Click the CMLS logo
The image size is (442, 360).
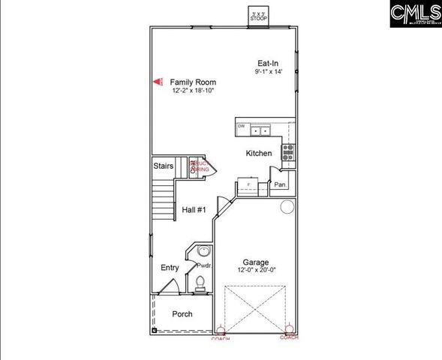click(415, 13)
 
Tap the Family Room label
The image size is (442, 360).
click(193, 82)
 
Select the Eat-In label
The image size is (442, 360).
click(268, 63)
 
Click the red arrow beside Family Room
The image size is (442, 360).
click(158, 82)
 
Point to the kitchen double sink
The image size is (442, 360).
click(260, 130)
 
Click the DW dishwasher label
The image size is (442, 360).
click(242, 127)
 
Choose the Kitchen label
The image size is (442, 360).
click(259, 154)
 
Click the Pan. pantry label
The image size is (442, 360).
click(281, 184)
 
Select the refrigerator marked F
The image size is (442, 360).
click(248, 184)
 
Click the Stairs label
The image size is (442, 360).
click(164, 166)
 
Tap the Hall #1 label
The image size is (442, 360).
click(194, 210)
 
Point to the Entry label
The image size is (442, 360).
click(170, 268)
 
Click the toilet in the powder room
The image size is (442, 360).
click(200, 283)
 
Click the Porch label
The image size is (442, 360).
click(182, 313)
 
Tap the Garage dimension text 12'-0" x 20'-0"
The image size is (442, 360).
click(256, 270)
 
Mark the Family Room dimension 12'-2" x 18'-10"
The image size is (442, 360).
click(193, 90)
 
